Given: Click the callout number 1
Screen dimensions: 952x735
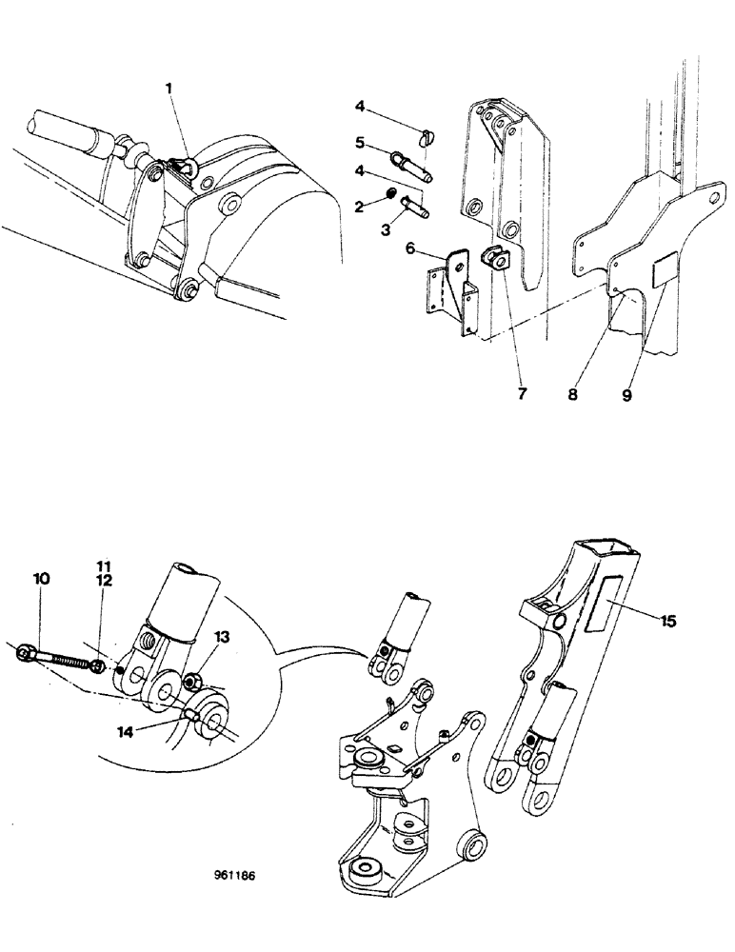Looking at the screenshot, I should coord(169,89).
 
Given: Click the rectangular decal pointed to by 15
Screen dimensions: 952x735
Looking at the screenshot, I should coord(606,602).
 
